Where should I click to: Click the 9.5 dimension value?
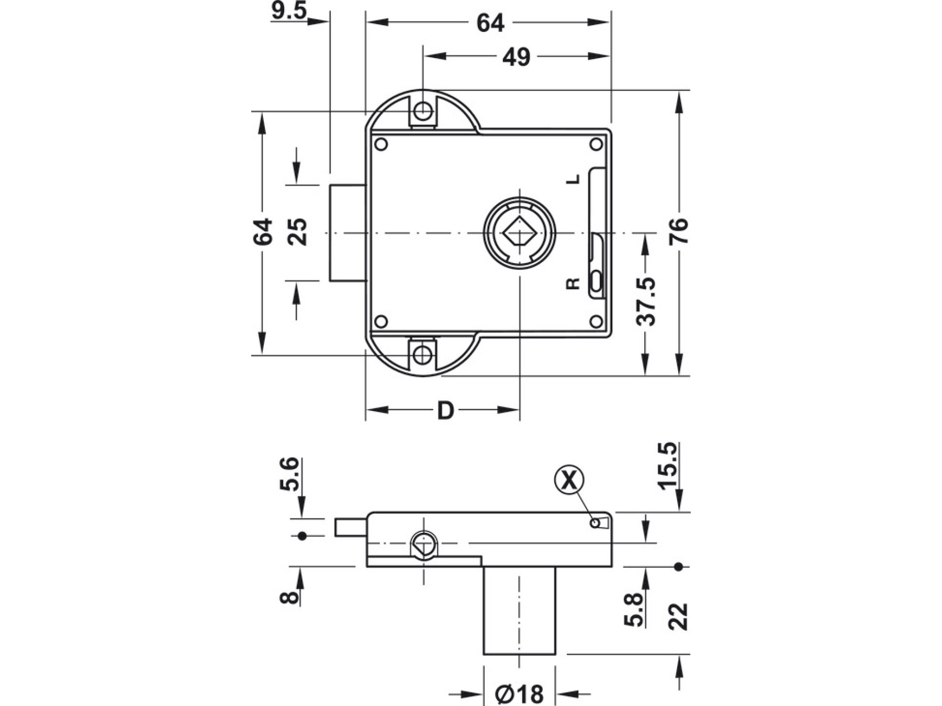pos(289,10)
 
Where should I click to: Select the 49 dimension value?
pos(516,57)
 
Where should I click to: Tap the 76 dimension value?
pos(679,232)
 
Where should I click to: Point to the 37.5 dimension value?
pos(646,302)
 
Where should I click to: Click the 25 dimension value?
pos(298,232)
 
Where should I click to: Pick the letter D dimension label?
pos(445,411)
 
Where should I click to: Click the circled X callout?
pos(569,480)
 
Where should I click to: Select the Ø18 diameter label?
pos(519,694)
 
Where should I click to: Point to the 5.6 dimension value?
pos(289,474)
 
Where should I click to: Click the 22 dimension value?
pos(678,617)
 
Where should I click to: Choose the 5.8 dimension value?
pos(633,610)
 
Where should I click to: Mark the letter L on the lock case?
pos(574,179)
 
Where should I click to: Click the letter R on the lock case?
pos(574,283)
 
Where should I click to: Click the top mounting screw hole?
pos(422,111)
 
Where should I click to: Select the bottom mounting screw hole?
pos(422,355)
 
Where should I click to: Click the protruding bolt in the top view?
pos(347,233)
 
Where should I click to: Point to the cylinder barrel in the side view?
pos(519,610)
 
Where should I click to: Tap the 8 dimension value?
pos(289,596)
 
